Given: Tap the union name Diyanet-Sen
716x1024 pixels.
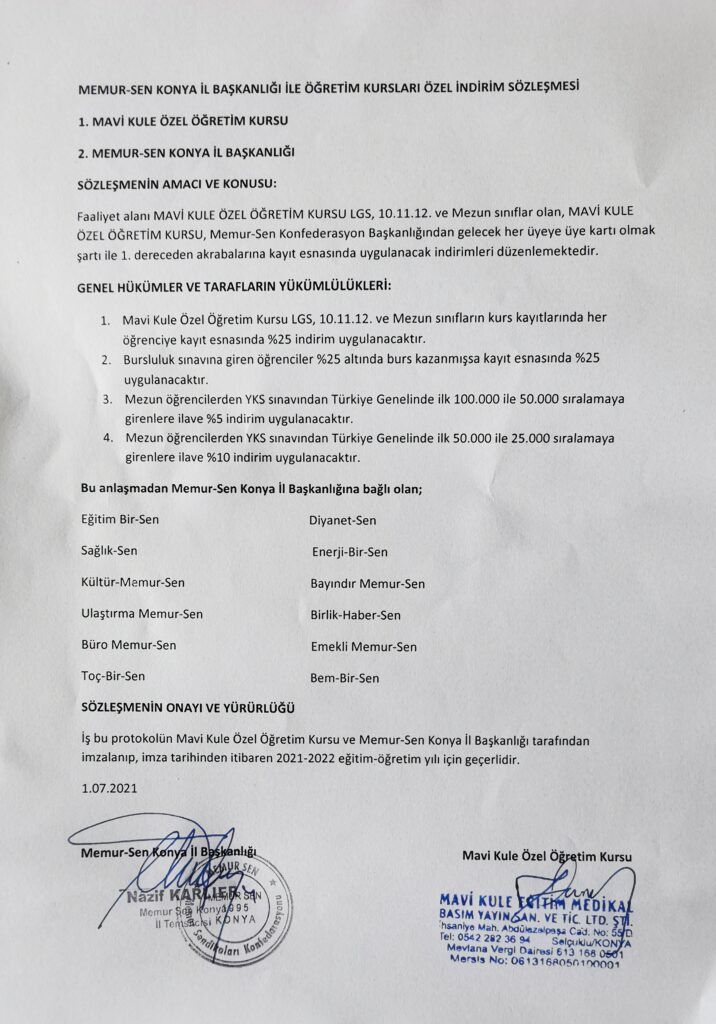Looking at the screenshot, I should [343, 520].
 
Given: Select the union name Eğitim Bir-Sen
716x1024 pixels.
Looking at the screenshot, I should [119, 519].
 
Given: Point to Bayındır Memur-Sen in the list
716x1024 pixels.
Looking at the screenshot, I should [368, 584].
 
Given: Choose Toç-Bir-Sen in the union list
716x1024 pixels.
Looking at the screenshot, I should [113, 676].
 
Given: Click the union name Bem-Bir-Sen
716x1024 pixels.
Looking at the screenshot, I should [345, 678].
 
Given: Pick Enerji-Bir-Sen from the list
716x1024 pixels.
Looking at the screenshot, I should [350, 552].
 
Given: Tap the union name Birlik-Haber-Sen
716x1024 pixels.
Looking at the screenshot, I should [356, 615].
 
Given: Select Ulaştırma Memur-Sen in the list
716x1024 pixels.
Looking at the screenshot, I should [141, 613].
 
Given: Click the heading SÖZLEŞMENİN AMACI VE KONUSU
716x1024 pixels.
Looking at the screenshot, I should [177, 185].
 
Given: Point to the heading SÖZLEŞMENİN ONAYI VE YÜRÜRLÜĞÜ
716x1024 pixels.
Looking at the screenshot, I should [185, 709].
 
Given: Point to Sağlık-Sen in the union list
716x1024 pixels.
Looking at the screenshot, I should [109, 551].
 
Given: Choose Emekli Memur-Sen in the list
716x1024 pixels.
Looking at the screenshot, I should [364, 647].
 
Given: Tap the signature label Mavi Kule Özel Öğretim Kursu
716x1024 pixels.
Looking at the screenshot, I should [547, 856].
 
